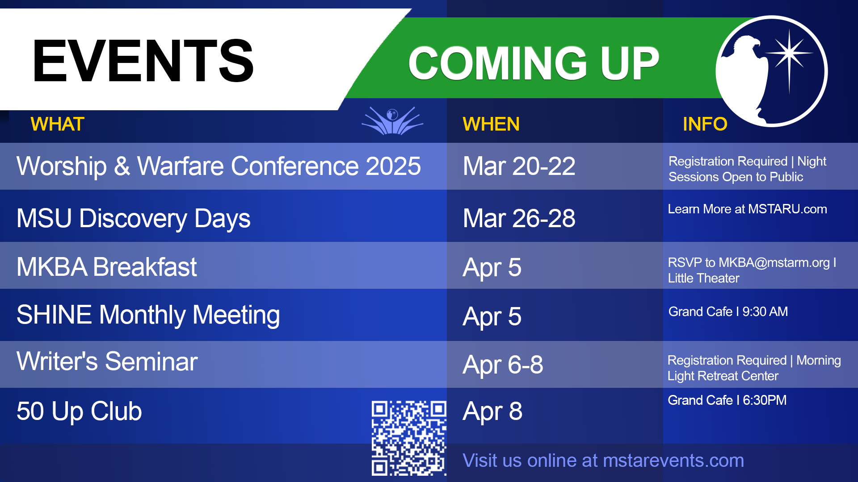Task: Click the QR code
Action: tap(409, 438)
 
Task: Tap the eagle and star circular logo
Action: tap(772, 71)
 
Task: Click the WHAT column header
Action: tap(58, 124)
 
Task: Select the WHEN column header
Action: tap(491, 124)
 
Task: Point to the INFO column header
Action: tap(705, 124)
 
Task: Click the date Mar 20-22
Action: tap(519, 166)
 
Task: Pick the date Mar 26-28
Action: tap(519, 218)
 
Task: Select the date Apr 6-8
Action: tap(503, 365)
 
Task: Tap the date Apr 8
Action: tap(492, 411)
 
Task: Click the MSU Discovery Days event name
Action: tap(134, 218)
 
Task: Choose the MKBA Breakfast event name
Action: tap(107, 267)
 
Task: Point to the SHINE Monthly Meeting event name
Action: tap(148, 315)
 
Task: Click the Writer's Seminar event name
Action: tap(107, 361)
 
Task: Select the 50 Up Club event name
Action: tap(80, 411)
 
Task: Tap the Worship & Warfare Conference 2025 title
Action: tap(219, 166)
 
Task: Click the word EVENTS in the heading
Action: tap(143, 61)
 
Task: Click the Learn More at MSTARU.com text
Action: tap(748, 209)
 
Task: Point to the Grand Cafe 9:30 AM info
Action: tap(728, 312)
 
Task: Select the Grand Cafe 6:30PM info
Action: tap(727, 400)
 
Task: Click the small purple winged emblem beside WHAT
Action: tap(392, 120)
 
